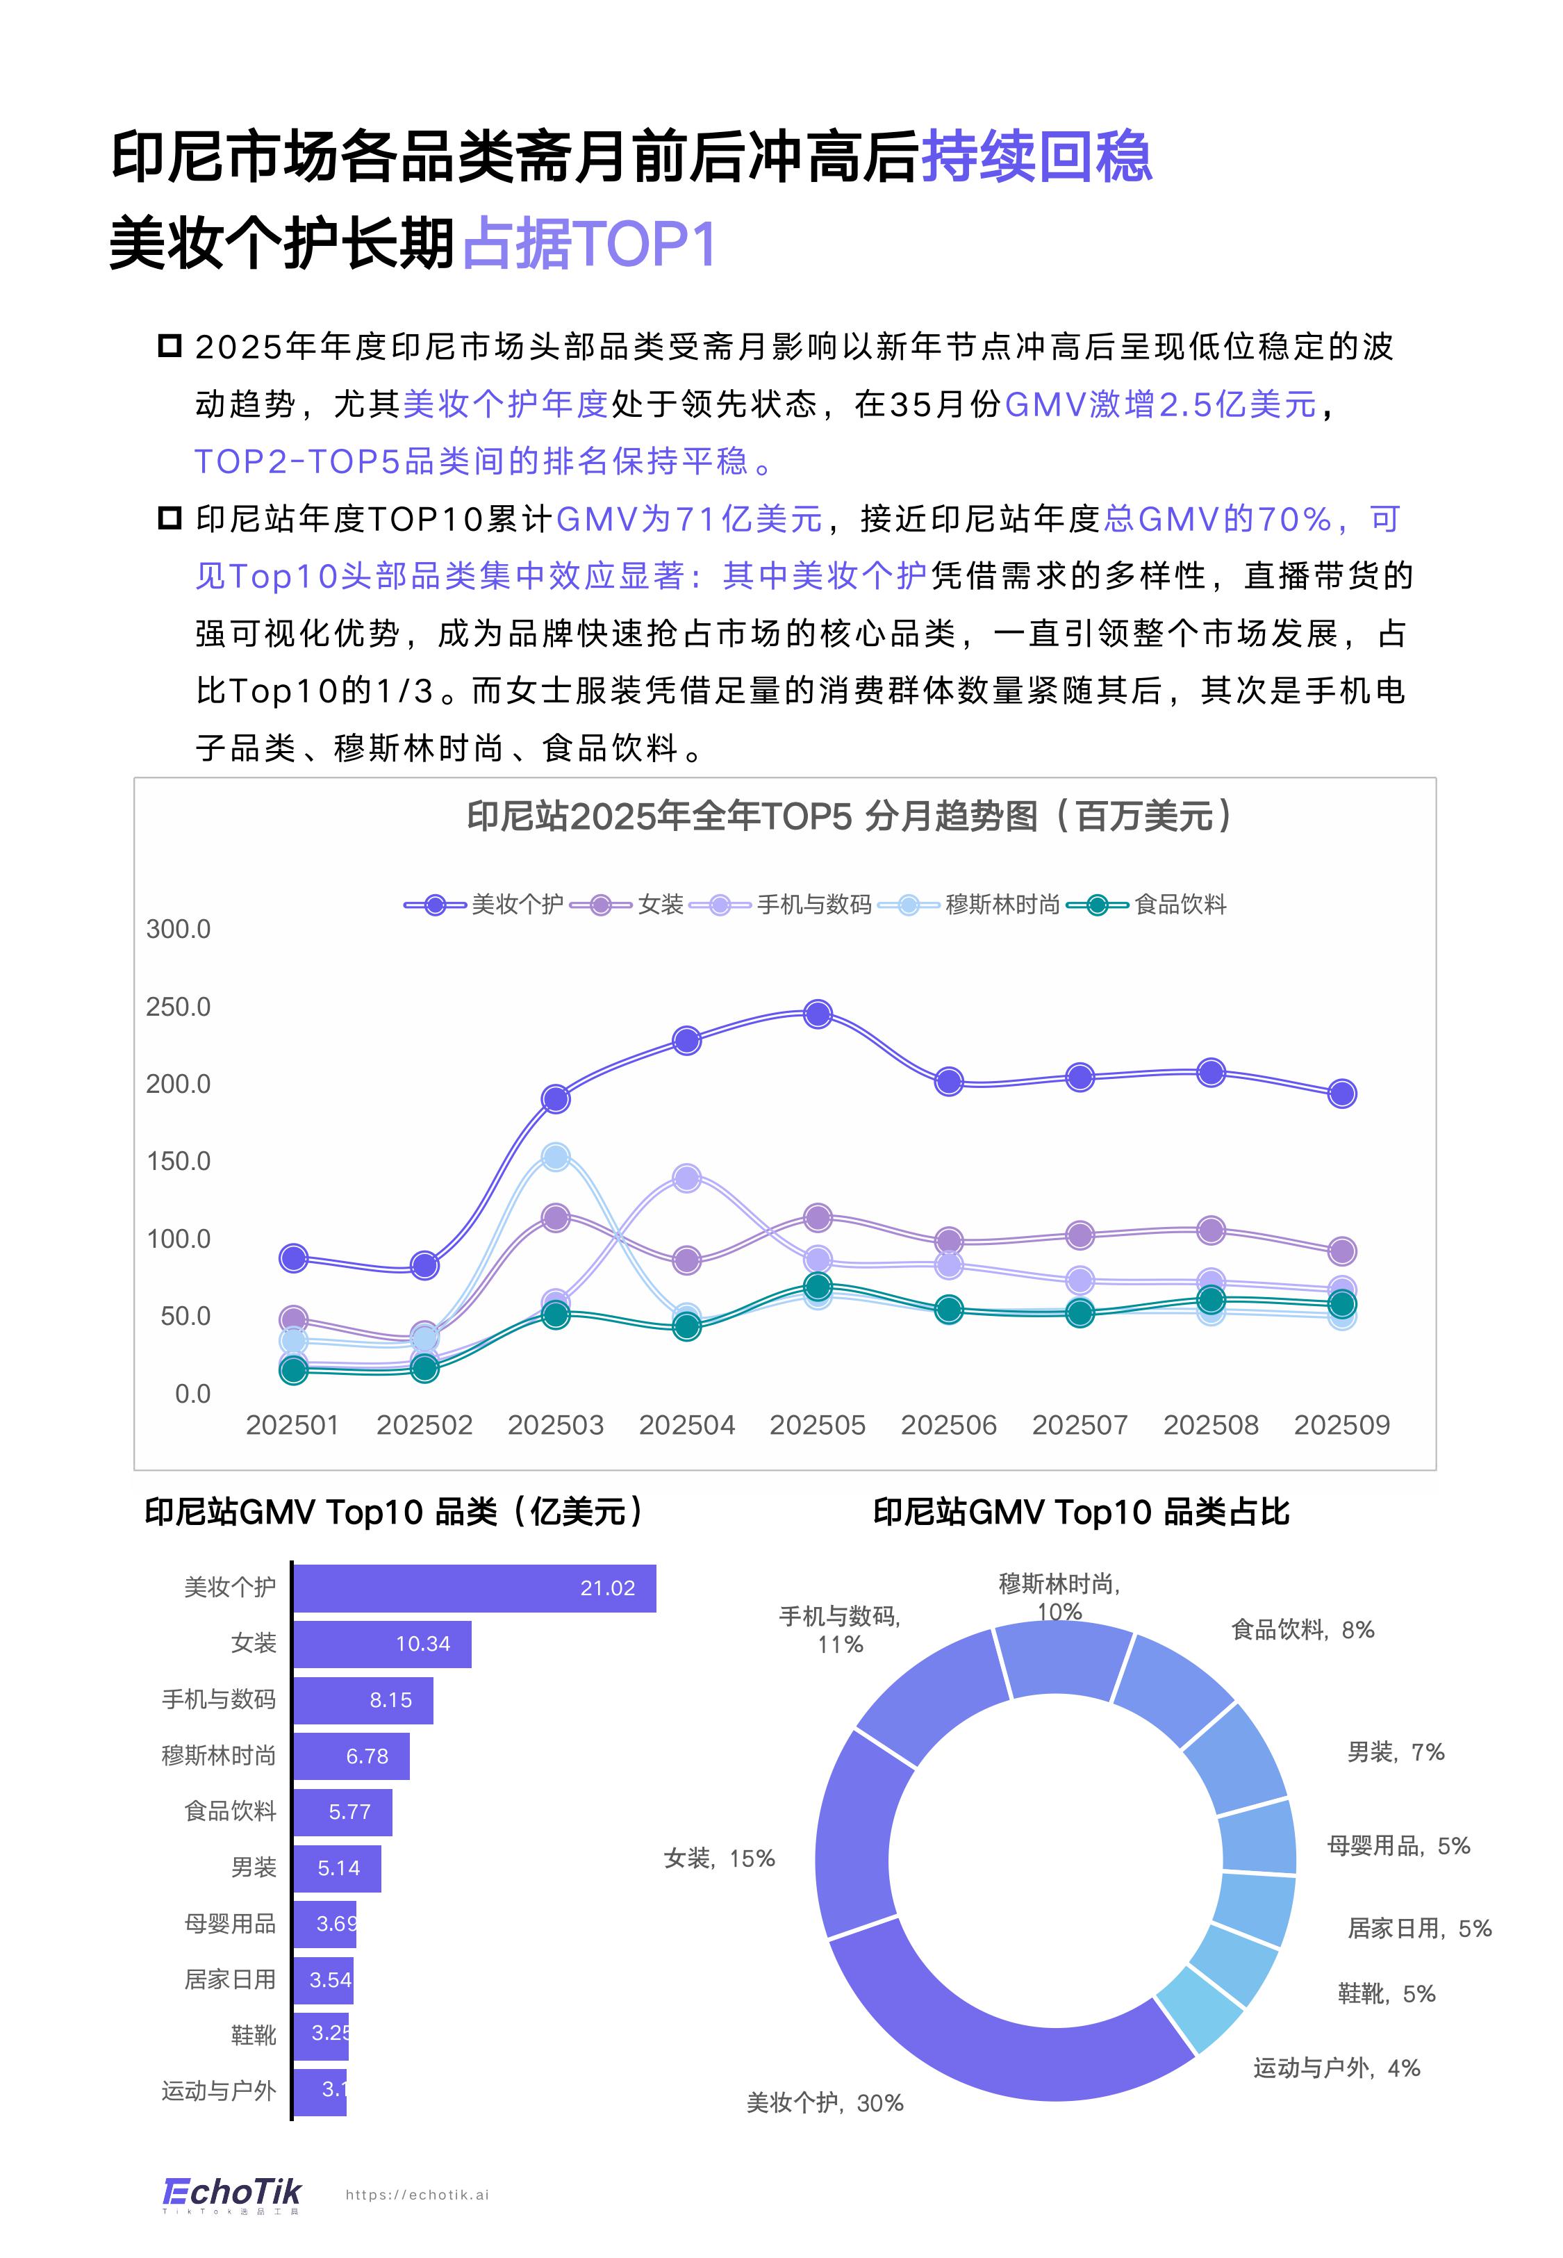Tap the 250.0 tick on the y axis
(179, 1007)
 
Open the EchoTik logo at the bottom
(232, 2193)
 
